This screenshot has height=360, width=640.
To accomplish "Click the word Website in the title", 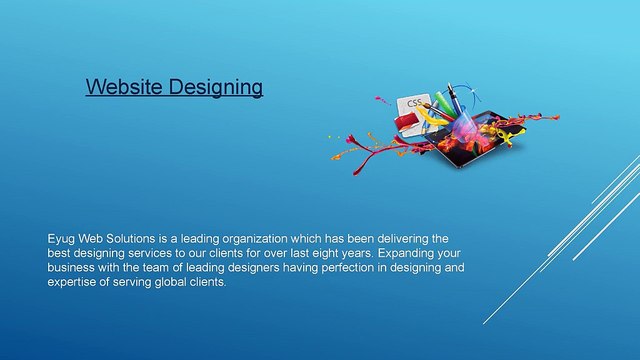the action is (124, 87).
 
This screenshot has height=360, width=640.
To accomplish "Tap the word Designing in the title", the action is (216, 88).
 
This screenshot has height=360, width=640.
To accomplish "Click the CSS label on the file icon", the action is (414, 102).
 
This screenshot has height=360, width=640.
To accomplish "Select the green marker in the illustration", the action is (444, 102).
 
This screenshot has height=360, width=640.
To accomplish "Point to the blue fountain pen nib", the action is (450, 87).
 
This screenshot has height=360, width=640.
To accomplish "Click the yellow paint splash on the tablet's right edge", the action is (507, 137).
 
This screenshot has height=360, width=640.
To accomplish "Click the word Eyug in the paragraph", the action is (61, 239).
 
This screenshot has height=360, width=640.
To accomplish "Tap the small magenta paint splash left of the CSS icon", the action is (382, 100).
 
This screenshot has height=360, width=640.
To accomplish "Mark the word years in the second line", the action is (358, 253).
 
